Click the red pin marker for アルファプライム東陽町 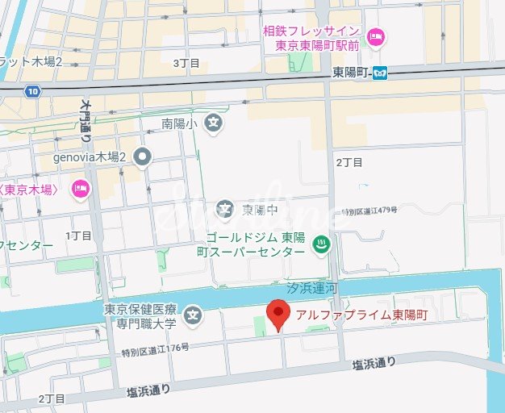point(278,314)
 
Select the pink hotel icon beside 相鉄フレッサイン point(375,37)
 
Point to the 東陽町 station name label point(352,73)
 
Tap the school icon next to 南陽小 point(213,123)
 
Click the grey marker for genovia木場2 point(143,156)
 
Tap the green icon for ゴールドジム point(321,243)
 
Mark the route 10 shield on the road point(31,91)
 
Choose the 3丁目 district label point(186,62)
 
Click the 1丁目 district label point(79,236)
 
